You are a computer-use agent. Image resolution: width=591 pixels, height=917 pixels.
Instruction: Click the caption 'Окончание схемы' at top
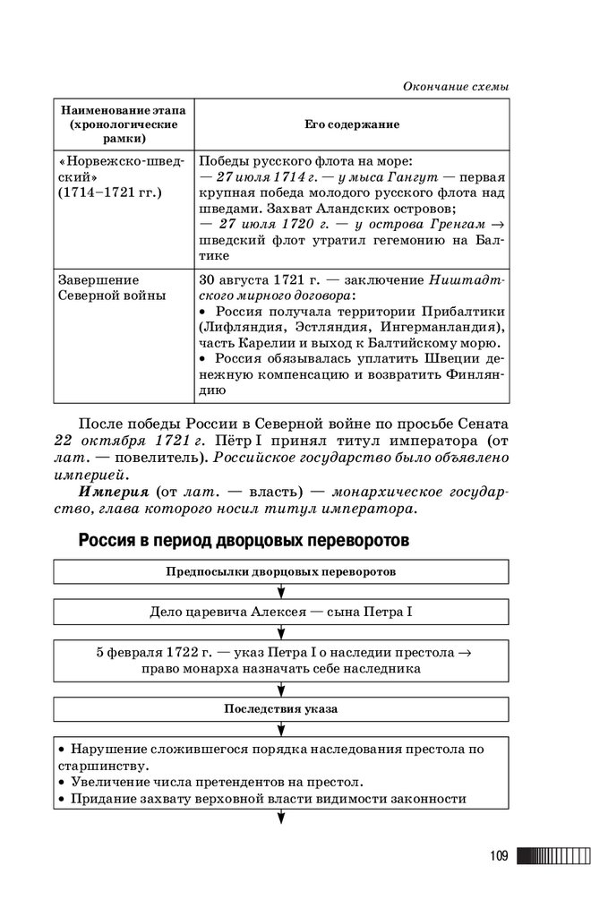tap(456, 86)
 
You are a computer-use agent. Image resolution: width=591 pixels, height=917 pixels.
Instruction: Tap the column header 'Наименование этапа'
tap(123, 109)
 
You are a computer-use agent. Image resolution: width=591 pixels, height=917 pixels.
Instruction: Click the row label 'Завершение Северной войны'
tap(111, 287)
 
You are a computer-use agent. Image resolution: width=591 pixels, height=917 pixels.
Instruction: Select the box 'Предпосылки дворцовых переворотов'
tap(281, 570)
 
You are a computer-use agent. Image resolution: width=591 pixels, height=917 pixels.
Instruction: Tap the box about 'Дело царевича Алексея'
tap(281, 613)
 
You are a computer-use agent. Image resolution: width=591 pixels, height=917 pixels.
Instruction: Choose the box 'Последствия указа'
tap(281, 708)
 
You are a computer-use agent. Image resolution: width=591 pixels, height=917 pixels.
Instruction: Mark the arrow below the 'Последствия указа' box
tap(281, 728)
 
